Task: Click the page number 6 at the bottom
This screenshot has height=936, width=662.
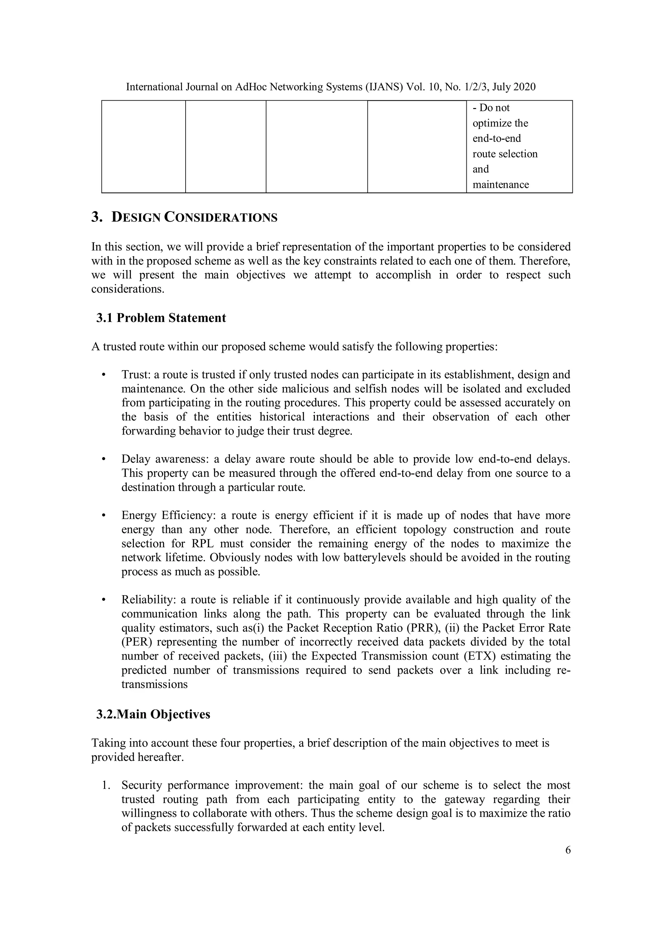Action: click(x=568, y=858)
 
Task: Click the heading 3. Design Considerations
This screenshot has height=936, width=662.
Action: click(x=184, y=217)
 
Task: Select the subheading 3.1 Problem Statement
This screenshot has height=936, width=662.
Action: click(x=161, y=317)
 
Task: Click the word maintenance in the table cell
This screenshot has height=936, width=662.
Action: click(x=501, y=184)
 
